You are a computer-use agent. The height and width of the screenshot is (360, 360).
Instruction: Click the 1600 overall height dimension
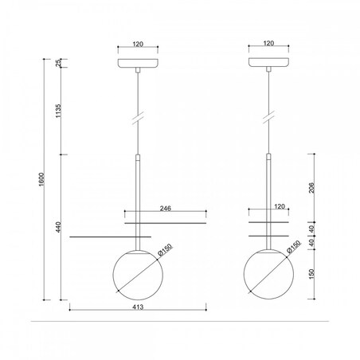point(42,179)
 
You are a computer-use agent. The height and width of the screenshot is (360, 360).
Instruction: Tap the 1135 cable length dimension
point(58,111)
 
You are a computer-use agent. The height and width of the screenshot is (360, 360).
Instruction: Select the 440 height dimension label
point(58,227)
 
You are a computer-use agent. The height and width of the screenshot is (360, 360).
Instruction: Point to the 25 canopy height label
point(59,63)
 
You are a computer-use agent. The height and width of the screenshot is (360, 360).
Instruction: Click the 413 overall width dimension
point(138,307)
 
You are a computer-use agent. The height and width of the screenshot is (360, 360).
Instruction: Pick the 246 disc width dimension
point(166,209)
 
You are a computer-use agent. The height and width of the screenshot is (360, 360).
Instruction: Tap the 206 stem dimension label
point(311,188)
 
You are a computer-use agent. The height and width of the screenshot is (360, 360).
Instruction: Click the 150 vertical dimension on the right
point(311,274)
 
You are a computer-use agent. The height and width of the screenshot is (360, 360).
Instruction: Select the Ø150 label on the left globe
point(165,249)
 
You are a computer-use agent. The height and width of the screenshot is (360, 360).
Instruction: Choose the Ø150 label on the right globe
point(294,247)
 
